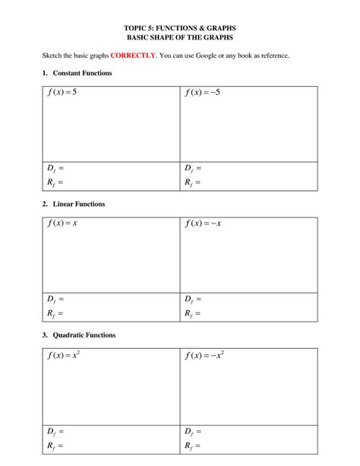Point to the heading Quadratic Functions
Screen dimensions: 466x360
(x=84, y=335)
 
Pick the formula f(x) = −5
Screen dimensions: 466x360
(x=205, y=94)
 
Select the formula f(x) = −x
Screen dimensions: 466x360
(x=205, y=224)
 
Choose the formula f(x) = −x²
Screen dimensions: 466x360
(x=207, y=355)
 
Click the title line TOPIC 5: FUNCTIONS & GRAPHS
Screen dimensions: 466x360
(x=180, y=27)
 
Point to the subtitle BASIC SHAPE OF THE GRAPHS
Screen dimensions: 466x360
(x=180, y=36)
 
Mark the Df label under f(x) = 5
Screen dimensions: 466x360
(x=54, y=168)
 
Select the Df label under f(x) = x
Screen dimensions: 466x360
(x=54, y=299)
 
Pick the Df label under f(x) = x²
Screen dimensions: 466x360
(x=54, y=430)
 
